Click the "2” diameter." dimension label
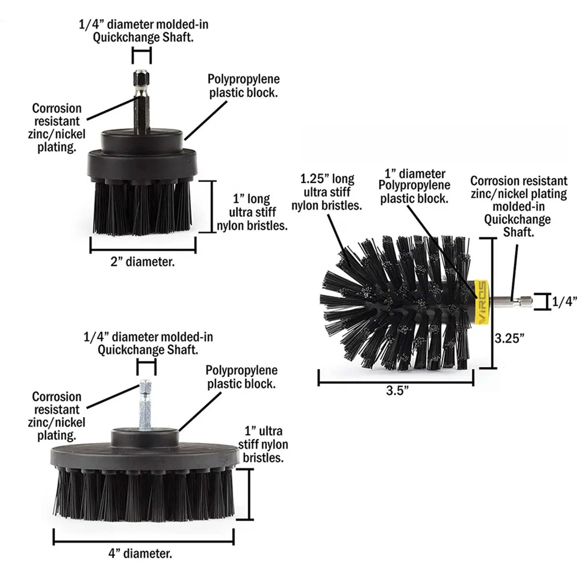(142, 262)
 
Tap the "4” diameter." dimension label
(140, 554)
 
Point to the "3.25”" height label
(509, 338)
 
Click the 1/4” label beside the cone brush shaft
(565, 302)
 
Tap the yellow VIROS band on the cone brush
(481, 301)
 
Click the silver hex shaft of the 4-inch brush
(145, 404)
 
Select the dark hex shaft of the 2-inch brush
(142, 104)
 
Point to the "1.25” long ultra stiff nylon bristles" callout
(327, 192)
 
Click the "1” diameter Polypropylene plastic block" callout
(414, 186)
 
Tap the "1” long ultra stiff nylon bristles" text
(252, 212)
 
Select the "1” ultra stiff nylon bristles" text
(263, 444)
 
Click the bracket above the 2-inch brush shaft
(142, 55)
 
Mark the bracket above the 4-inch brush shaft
(146, 366)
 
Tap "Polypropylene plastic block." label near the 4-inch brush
(241, 377)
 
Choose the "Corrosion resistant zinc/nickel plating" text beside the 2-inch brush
(57, 128)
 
